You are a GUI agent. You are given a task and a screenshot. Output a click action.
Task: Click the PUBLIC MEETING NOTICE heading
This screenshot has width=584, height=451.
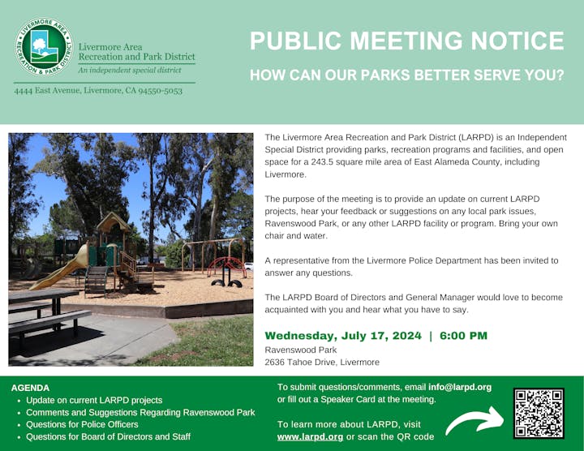click(406, 41)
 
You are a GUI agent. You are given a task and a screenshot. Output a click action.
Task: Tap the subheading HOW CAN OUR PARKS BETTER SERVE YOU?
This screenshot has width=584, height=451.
click(406, 75)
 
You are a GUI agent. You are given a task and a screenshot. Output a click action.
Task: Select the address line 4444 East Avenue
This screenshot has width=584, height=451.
click(98, 90)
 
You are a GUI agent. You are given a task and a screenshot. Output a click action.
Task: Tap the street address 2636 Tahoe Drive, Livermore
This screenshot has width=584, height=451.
click(322, 363)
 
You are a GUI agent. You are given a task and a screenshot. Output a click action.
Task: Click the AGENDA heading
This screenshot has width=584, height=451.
click(30, 388)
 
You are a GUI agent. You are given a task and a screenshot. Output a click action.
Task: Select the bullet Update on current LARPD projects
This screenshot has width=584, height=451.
click(94, 401)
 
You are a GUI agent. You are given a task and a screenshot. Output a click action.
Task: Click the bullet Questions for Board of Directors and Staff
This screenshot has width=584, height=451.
click(108, 436)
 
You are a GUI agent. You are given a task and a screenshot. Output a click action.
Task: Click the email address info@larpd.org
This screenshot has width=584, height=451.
click(459, 387)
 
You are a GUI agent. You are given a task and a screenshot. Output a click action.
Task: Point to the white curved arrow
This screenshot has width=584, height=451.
click(474, 419)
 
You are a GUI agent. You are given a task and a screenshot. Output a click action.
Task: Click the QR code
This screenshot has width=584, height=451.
click(539, 414)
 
